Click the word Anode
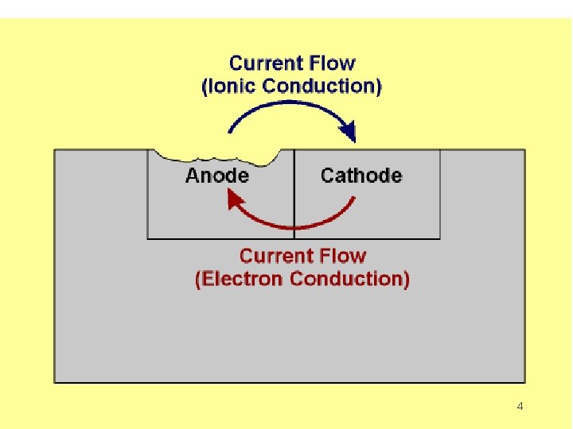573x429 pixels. tap(216, 176)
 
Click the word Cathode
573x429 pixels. tap(361, 176)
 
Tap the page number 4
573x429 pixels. tap(520, 407)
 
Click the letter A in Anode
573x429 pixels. tap(192, 176)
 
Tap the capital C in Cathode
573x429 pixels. tap(328, 176)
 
